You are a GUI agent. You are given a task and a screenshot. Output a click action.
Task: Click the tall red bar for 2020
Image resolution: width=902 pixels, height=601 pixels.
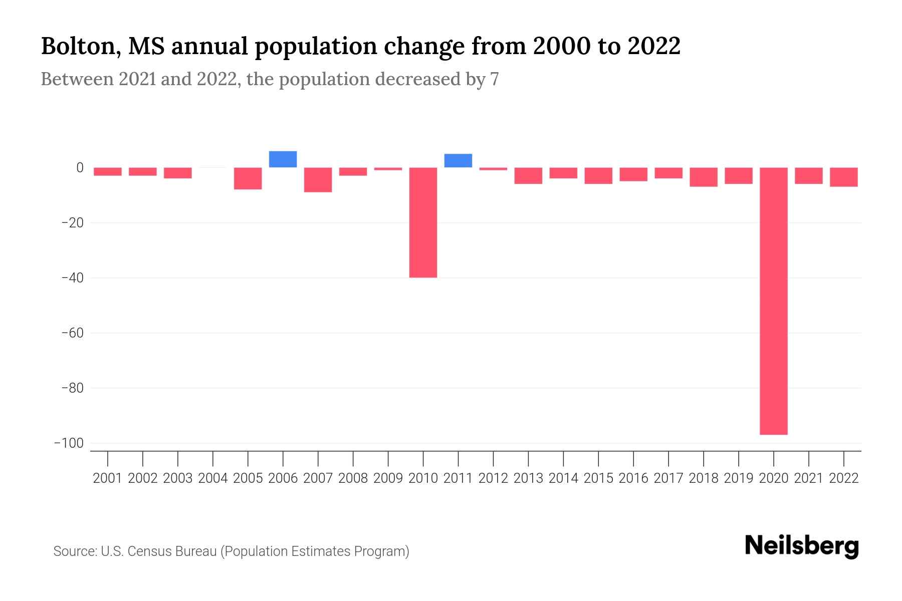773,300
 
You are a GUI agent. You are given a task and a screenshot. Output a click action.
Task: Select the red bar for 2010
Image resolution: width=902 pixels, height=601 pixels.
423,222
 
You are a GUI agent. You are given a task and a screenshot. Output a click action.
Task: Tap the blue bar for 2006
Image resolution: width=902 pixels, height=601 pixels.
283,159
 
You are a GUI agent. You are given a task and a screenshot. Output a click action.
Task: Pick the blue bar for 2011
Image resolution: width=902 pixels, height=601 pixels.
458,161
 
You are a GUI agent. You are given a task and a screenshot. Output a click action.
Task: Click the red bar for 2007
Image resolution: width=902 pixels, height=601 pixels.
318,180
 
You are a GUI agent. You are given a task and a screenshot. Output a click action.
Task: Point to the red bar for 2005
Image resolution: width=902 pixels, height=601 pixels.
248,178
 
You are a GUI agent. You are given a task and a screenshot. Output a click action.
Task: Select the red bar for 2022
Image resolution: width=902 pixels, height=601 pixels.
843,177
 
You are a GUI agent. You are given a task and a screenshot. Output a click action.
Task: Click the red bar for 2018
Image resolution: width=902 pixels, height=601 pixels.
703,177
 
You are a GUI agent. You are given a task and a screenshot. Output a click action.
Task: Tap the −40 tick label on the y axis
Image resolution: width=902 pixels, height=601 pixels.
72,278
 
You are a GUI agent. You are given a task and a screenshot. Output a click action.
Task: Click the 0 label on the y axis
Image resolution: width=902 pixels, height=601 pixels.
80,168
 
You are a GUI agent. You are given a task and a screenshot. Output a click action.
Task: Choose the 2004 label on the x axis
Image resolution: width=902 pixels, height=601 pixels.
212,478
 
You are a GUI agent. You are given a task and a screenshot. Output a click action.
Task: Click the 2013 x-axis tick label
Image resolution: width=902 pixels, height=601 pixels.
528,478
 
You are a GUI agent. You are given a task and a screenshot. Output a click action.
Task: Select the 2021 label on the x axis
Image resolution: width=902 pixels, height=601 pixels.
808,478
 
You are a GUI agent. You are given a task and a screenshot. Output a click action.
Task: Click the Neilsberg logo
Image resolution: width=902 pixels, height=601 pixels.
802,546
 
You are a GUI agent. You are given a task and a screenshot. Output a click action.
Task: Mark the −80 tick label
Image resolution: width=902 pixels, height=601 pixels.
72,388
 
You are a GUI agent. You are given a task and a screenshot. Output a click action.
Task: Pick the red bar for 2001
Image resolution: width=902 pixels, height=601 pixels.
107,172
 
